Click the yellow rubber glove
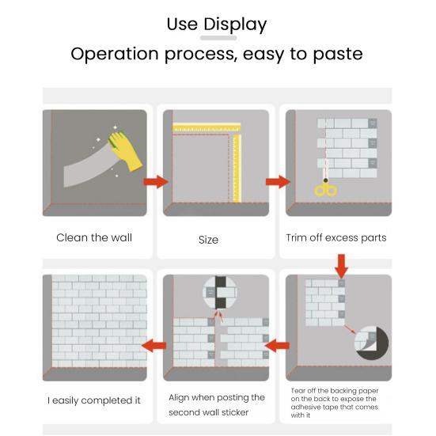click(126, 151)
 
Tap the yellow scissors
click(325, 188)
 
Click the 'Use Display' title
click(217, 25)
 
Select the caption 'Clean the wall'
click(94, 237)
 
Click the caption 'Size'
click(208, 240)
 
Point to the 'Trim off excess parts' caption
click(336, 237)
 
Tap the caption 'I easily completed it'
click(94, 400)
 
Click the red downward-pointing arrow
click(342, 267)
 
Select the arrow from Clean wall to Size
click(156, 182)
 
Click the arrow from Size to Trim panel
click(278, 182)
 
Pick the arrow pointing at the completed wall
click(154, 346)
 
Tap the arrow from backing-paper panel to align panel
click(277, 346)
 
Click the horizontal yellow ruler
click(207, 128)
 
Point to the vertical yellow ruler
click(237, 168)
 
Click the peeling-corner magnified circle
click(371, 343)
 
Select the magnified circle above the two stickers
click(220, 293)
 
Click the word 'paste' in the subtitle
click(338, 54)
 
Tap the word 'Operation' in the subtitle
click(115, 54)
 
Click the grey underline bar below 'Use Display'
click(218, 38)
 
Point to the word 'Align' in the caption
click(179, 398)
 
